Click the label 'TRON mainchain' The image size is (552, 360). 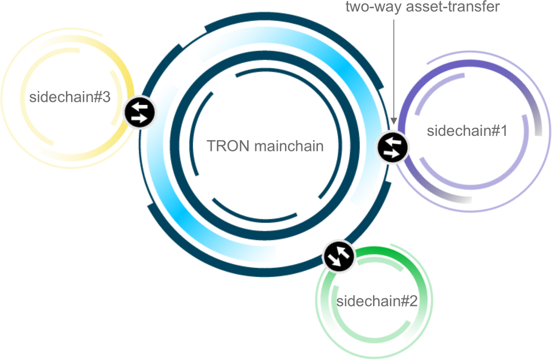click(x=265, y=146)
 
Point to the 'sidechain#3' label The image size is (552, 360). click(x=70, y=97)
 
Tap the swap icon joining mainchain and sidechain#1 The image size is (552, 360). click(x=393, y=147)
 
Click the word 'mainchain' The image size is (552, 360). click(x=289, y=146)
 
